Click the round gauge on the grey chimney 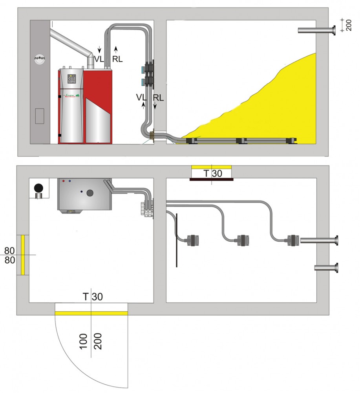[39, 59]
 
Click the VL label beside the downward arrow [99, 59]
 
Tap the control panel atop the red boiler [72, 78]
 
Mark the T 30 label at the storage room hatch [212, 173]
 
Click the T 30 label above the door [93, 297]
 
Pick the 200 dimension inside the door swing [98, 338]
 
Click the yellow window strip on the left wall [23, 254]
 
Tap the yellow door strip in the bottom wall [91, 313]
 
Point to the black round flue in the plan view [38, 188]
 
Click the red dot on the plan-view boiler [64, 182]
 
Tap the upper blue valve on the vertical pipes [140, 69]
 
